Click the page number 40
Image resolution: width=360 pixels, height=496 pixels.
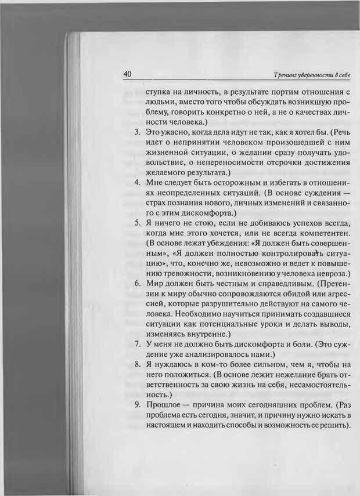point(128,75)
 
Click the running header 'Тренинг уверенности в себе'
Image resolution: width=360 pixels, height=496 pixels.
point(312,75)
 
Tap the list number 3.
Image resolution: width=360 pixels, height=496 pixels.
point(138,133)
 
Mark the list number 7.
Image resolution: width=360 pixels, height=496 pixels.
point(138,344)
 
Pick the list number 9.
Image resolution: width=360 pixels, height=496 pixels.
point(138,404)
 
